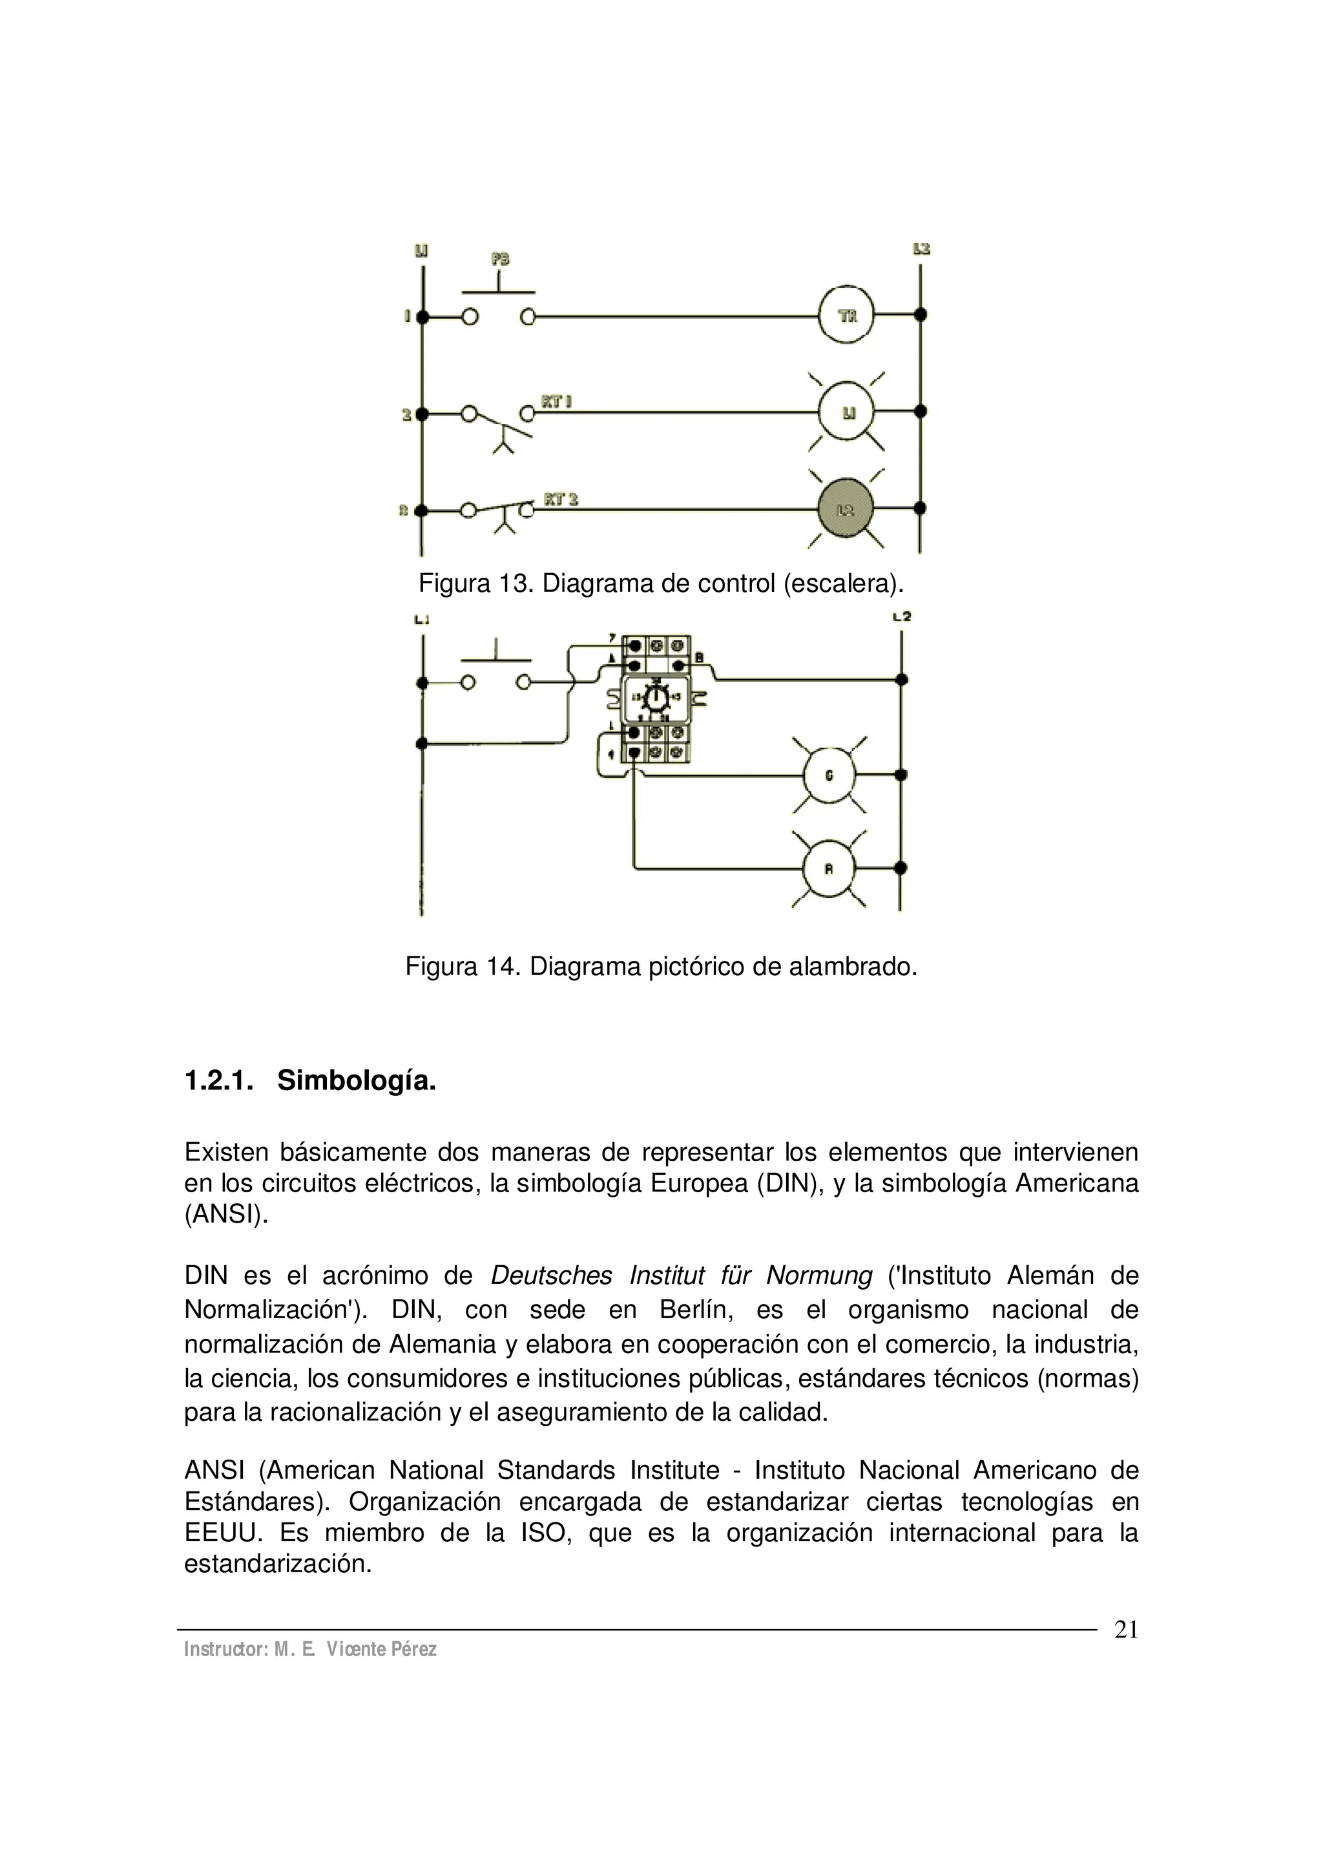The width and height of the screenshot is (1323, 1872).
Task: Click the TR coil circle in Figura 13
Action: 846,315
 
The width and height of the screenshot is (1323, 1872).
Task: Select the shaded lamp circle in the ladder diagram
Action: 846,509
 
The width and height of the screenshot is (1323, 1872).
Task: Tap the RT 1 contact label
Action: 556,401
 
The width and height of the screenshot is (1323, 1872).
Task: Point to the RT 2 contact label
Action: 561,499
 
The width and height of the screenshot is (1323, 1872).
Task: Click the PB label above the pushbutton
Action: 500,259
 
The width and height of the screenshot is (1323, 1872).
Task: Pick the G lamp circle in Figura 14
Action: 829,775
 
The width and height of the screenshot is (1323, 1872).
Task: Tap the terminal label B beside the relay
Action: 698,657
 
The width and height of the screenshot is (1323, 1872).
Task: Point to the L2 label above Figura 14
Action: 902,616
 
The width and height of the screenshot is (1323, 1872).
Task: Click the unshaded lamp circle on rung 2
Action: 846,412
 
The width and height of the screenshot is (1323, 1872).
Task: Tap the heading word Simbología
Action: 356,1081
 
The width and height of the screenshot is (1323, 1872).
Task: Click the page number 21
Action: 1126,1629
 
